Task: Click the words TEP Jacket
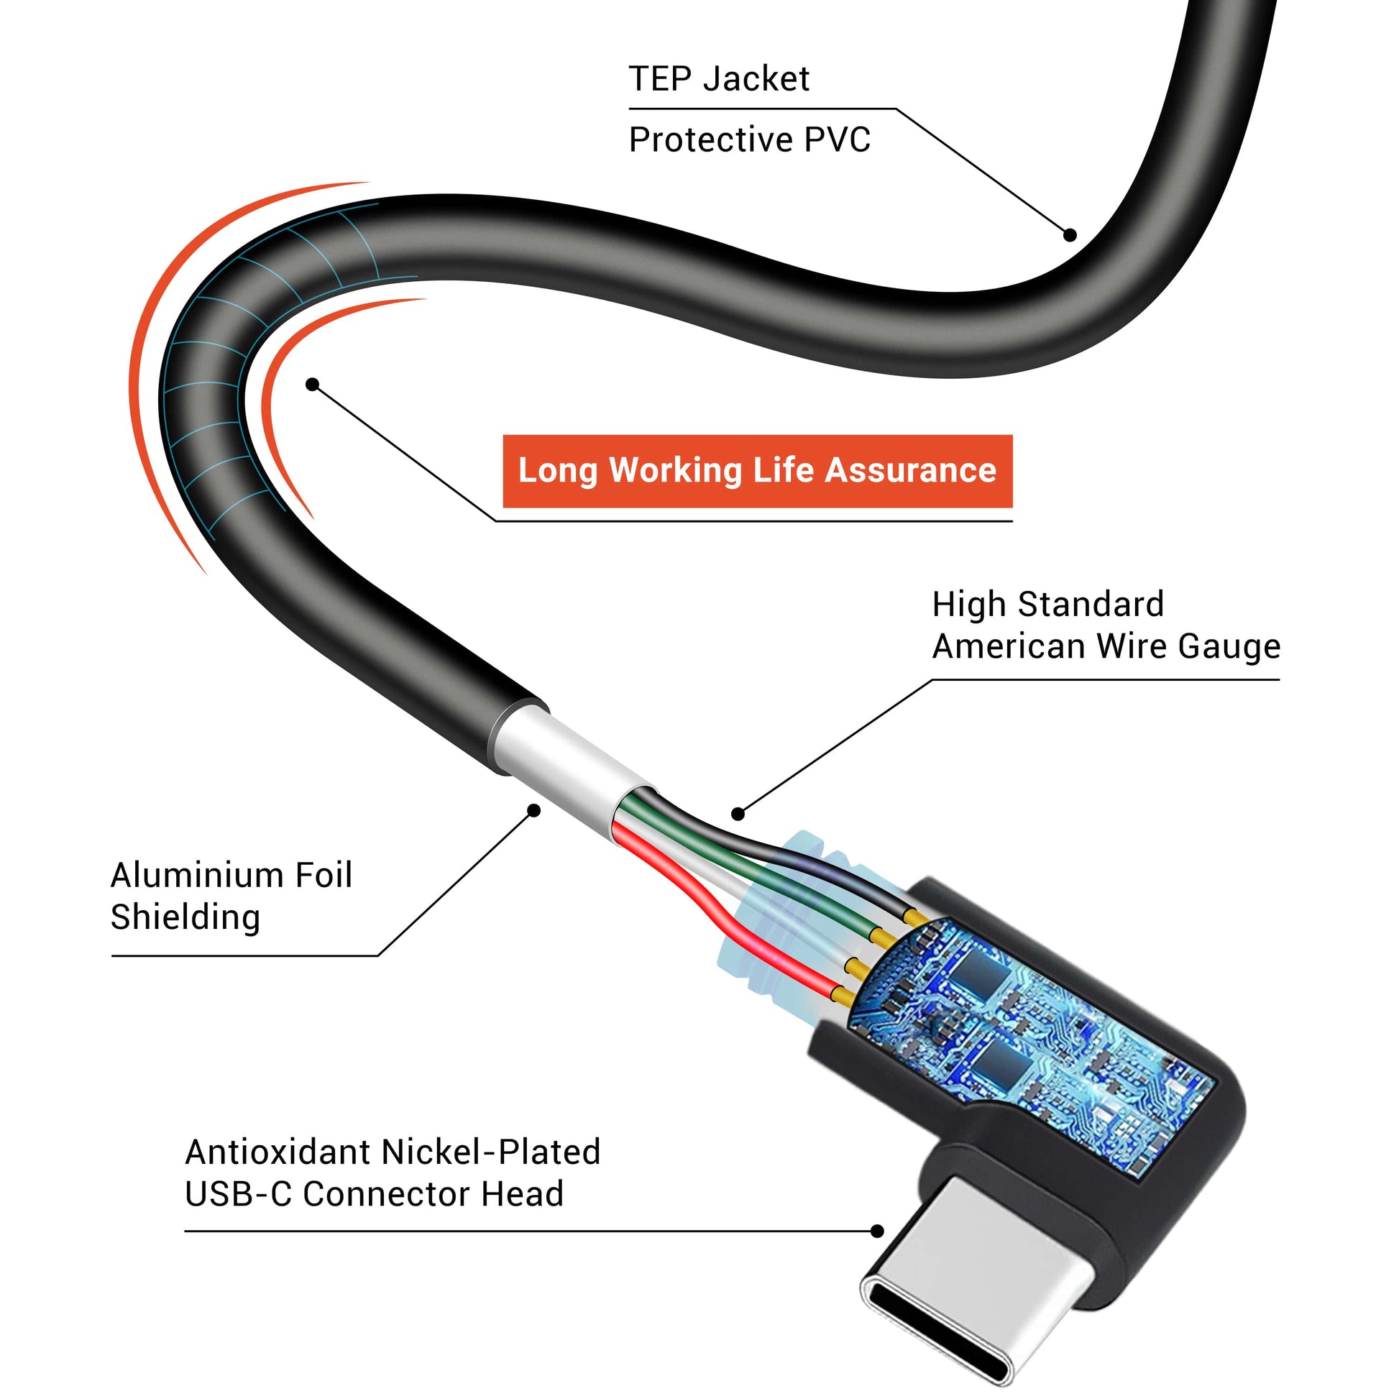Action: pyautogui.click(x=718, y=78)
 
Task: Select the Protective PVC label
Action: pyautogui.click(x=748, y=139)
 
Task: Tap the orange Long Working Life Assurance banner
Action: pyautogui.click(x=757, y=471)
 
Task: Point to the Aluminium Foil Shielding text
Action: pyautogui.click(x=231, y=896)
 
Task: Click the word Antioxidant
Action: pyautogui.click(x=277, y=1152)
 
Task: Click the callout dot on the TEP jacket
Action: pyautogui.click(x=1070, y=234)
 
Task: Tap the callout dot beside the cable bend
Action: pyautogui.click(x=312, y=384)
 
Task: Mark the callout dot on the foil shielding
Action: pyautogui.click(x=533, y=810)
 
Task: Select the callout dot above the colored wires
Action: pyautogui.click(x=738, y=814)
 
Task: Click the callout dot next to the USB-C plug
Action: pyautogui.click(x=877, y=1231)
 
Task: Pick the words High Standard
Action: pyautogui.click(x=1047, y=605)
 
